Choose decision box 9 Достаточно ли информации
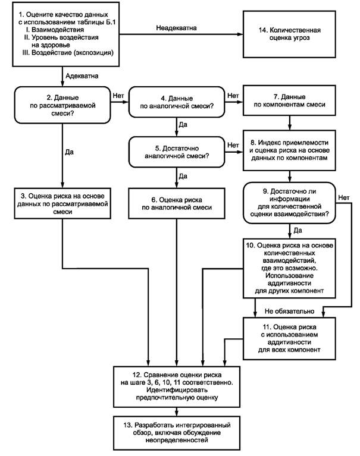point(289,203)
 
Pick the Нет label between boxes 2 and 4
point(118,93)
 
